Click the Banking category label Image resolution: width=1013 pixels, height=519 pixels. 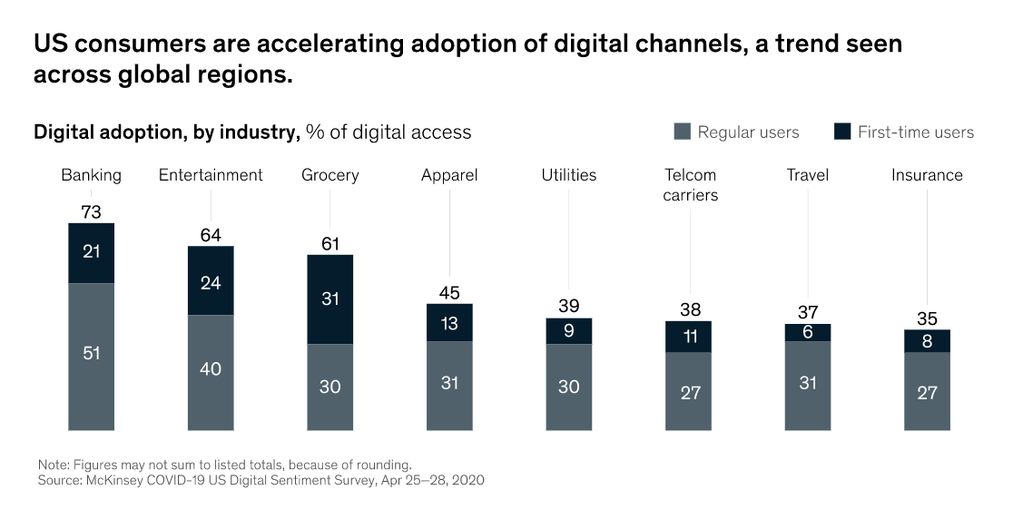tap(91, 175)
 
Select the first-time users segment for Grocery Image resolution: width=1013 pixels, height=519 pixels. tap(329, 299)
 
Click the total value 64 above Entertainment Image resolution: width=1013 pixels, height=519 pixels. tap(211, 236)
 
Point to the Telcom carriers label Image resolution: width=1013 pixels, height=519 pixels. tap(690, 184)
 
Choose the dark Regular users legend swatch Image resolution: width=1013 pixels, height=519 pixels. tap(683, 132)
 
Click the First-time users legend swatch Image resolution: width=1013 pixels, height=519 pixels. tap(842, 132)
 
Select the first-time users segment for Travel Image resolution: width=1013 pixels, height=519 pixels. tap(808, 332)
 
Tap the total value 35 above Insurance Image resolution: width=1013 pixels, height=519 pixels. tap(927, 318)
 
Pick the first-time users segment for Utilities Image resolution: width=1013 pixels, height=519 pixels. tap(568, 331)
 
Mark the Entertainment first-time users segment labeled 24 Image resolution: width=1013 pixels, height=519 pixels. tap(211, 280)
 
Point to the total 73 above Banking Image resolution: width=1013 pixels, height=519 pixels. tap(91, 212)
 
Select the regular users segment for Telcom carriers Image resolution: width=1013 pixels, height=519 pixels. tap(688, 391)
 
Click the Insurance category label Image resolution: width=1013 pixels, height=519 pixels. tap(927, 175)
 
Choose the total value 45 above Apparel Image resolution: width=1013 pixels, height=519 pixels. tap(449, 293)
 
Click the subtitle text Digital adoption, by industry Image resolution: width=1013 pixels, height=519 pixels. tap(166, 132)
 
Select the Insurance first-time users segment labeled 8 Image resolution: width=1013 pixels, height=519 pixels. tap(927, 341)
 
